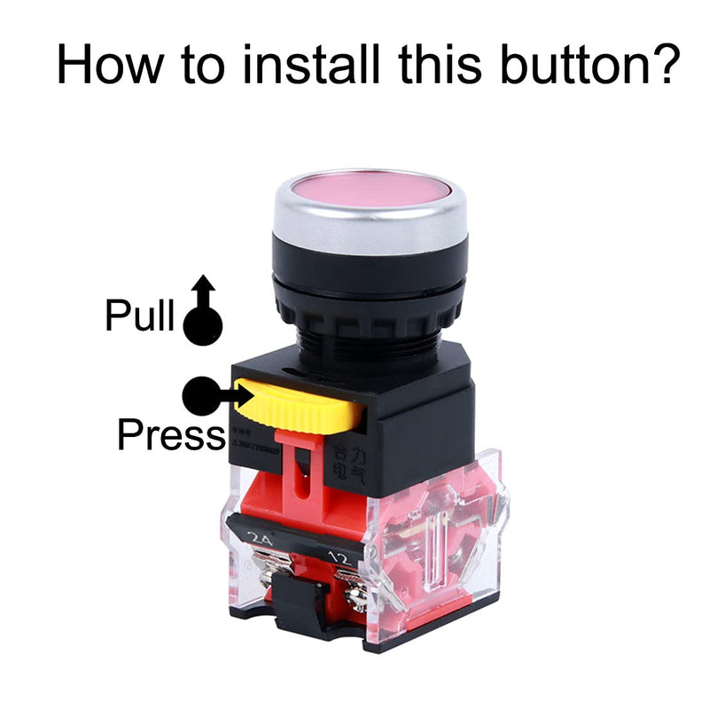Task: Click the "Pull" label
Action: [139, 316]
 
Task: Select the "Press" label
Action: [171, 435]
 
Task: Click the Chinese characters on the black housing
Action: [345, 466]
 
